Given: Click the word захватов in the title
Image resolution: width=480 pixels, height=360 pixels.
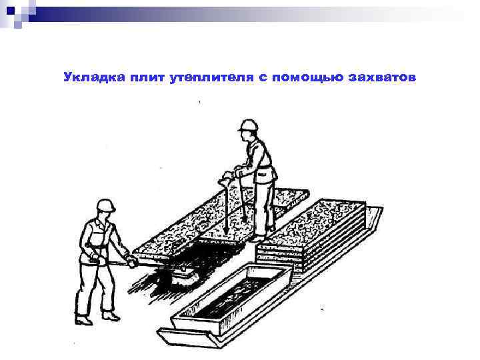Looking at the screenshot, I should (x=383, y=78).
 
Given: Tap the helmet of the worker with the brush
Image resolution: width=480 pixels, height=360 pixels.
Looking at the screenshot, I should (x=105, y=205).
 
